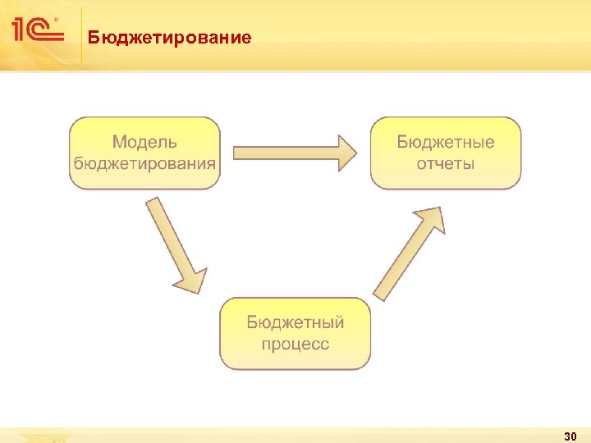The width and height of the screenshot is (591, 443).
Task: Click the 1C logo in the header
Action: coord(37,31)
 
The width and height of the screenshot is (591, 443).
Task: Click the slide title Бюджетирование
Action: coord(170,38)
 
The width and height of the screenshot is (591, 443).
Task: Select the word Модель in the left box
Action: coord(144,143)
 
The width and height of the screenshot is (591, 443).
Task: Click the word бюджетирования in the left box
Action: coord(144,162)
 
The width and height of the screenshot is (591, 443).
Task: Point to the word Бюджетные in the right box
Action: coord(446,143)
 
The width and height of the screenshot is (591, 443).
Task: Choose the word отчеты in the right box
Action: coord(446,162)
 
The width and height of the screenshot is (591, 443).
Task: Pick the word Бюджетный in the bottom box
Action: coord(295,322)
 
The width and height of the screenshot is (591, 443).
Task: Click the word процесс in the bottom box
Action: coord(295,343)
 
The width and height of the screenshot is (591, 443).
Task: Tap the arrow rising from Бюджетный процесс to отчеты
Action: coord(409,252)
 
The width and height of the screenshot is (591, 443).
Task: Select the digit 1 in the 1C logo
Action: coord(21,31)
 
